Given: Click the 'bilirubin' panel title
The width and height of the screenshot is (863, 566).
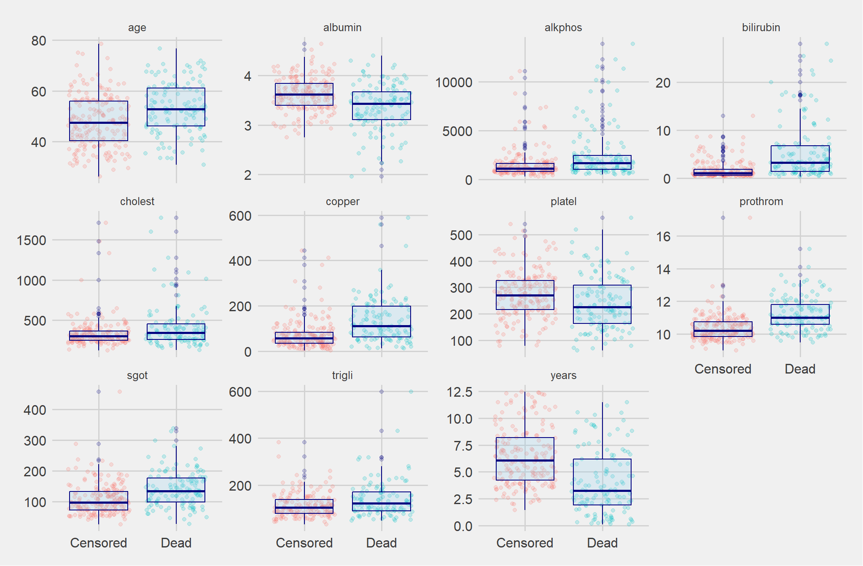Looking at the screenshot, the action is click(x=761, y=27).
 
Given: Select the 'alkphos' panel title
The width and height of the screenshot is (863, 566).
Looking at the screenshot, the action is click(x=563, y=27).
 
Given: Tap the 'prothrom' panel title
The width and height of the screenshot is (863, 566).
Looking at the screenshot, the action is click(x=761, y=201).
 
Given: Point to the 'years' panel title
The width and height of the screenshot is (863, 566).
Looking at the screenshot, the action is click(x=563, y=375).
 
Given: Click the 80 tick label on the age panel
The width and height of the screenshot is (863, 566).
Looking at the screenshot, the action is click(x=39, y=41).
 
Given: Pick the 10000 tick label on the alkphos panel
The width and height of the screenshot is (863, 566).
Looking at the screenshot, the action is click(x=454, y=82).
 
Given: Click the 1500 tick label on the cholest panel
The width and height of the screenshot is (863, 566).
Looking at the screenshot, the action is click(x=31, y=240).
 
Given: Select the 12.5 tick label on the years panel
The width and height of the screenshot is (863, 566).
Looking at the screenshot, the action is click(x=460, y=392).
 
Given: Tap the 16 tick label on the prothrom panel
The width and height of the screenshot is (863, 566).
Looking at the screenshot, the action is click(x=663, y=236).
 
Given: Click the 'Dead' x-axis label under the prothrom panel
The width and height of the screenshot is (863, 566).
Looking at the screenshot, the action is click(x=800, y=369).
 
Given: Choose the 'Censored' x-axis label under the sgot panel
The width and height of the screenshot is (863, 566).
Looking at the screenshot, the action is click(x=99, y=543).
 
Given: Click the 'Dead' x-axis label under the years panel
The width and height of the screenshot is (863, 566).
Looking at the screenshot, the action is click(x=602, y=543).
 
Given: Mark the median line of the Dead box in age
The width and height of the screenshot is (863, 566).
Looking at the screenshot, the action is click(x=176, y=109).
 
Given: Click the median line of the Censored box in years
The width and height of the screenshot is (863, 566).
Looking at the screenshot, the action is click(x=525, y=461).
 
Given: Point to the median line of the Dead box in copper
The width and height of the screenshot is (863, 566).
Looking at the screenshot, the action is click(x=382, y=326).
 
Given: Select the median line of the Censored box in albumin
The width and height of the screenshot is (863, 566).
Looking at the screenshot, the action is click(x=304, y=95).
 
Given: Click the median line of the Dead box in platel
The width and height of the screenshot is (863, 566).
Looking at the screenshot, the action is click(x=602, y=307).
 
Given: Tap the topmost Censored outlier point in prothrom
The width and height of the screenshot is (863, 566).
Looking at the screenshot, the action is click(x=723, y=218).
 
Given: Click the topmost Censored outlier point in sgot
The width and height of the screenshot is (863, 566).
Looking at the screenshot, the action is click(x=99, y=392).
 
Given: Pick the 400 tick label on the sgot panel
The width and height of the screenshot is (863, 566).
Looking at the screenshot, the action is click(x=35, y=410).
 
